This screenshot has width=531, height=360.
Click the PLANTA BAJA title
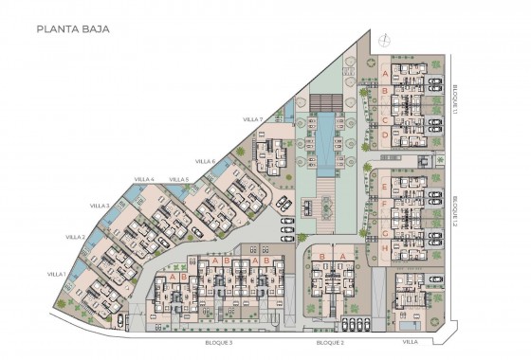tap(73, 29)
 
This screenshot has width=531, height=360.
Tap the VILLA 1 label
tap(57, 274)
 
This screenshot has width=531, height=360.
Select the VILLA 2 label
tap(76, 237)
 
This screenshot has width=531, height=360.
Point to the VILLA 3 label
tap(100, 206)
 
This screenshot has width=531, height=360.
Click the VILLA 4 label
tap(144, 179)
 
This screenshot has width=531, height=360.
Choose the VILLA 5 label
tap(179, 179)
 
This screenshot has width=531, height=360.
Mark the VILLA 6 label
tap(206, 161)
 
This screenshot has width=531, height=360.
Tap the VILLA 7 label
tap(251, 119)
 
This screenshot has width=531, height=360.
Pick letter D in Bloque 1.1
tap(384, 135)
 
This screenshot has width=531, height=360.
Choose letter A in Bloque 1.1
tap(384, 72)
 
